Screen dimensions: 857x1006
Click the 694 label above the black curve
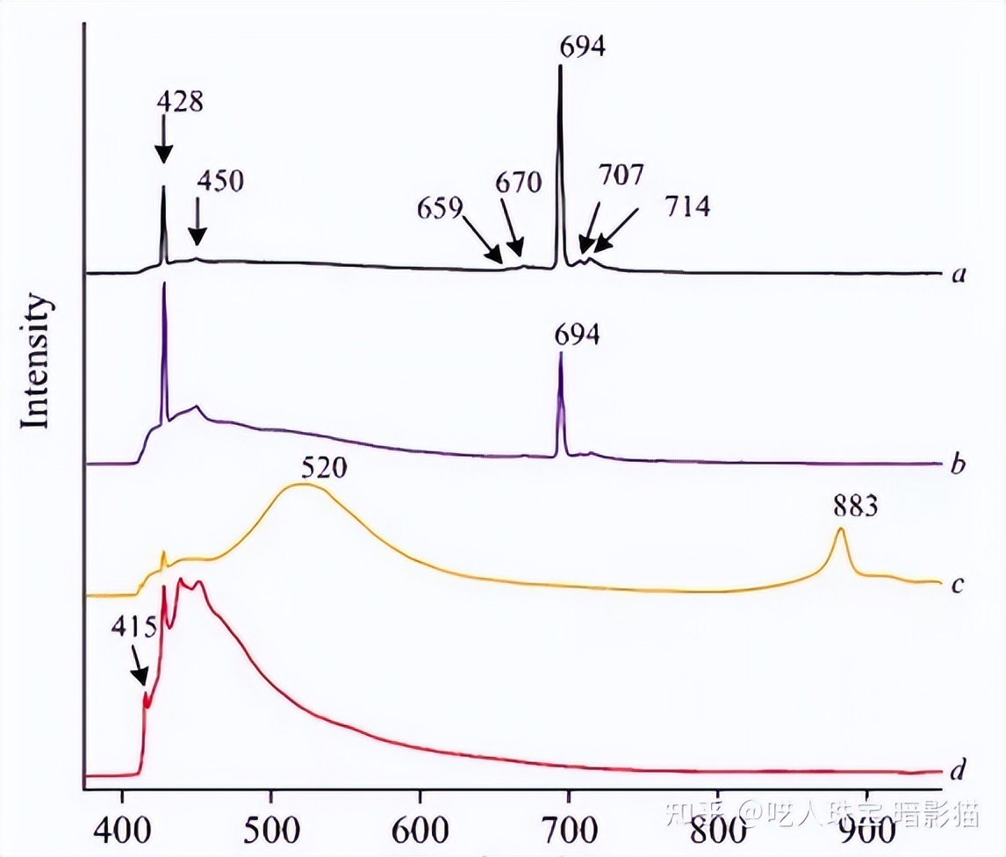tap(583, 47)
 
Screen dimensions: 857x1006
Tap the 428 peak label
tap(180, 102)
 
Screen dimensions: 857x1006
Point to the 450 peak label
tap(219, 182)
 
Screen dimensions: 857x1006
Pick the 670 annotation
tap(519, 183)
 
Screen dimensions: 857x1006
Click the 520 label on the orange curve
tap(323, 467)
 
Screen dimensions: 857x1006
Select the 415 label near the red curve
tap(134, 628)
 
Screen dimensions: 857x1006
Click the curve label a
tap(959, 275)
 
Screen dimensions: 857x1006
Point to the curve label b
tap(959, 463)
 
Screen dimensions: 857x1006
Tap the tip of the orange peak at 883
tap(841, 529)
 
